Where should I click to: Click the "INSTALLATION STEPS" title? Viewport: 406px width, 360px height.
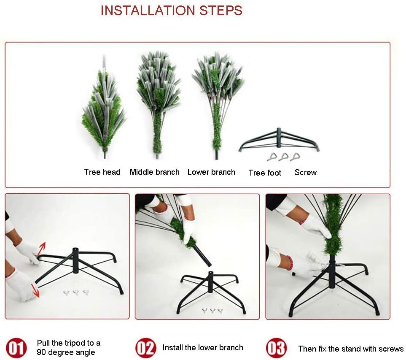(x=172, y=11)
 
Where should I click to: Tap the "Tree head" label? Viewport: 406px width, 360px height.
(x=102, y=172)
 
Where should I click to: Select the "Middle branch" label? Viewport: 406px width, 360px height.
(x=155, y=172)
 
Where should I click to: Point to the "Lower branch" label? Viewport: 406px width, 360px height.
(x=211, y=172)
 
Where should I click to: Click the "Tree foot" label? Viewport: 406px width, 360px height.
(x=265, y=173)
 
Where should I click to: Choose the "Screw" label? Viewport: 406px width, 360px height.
(x=306, y=172)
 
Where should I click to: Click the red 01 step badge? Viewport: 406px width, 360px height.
(x=16, y=348)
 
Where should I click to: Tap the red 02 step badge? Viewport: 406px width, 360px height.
(x=146, y=348)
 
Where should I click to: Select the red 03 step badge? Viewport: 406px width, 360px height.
(x=276, y=348)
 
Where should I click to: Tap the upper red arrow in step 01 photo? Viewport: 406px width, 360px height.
(x=42, y=249)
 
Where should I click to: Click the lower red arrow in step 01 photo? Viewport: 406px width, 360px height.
(x=35, y=290)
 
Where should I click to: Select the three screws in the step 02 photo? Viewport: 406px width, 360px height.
(x=212, y=310)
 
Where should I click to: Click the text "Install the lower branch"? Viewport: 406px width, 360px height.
(x=203, y=348)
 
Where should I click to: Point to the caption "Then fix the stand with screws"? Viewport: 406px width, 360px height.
(x=351, y=349)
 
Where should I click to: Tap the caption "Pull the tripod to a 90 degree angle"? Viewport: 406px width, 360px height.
(x=68, y=348)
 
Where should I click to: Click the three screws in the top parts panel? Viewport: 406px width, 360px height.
(x=284, y=157)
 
